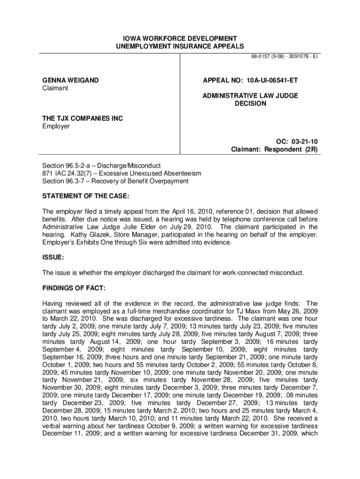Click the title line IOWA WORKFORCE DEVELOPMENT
click(x=180, y=38)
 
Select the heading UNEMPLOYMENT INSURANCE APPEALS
click(x=180, y=46)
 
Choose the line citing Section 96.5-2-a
click(x=101, y=166)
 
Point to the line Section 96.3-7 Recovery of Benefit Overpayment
click(x=115, y=181)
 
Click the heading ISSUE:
click(x=53, y=257)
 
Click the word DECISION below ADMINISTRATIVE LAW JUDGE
click(x=250, y=103)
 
